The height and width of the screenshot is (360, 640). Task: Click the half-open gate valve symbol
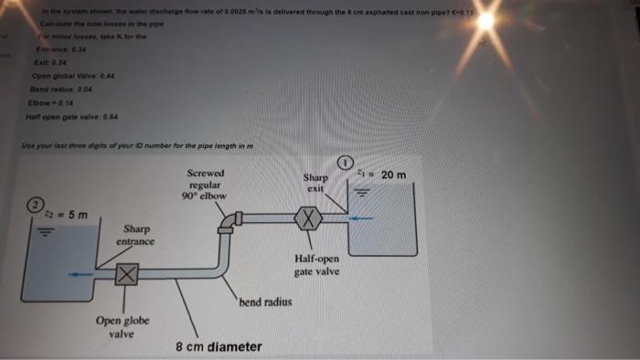[x=309, y=219]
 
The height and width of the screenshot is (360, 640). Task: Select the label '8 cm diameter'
[x=219, y=347]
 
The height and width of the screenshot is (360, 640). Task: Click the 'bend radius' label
[x=265, y=301]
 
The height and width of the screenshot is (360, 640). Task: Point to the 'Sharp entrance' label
[x=135, y=235]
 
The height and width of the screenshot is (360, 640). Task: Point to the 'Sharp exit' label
[x=315, y=182]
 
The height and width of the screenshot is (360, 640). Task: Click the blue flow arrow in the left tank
[x=85, y=272]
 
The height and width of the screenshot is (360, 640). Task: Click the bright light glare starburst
[x=485, y=20]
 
